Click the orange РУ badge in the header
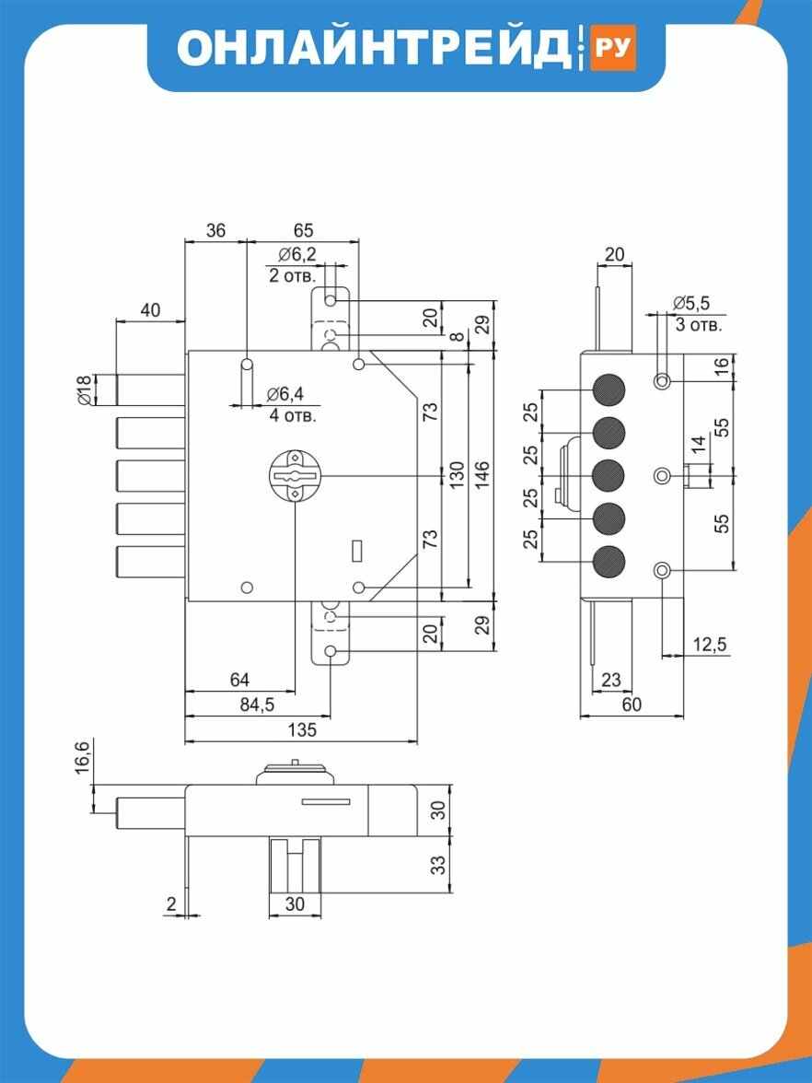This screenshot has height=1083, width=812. [612, 47]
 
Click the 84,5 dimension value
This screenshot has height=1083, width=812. [257, 705]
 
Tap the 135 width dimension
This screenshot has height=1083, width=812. [302, 729]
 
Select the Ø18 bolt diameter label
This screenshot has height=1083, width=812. [84, 390]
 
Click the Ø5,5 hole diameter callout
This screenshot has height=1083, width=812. [691, 302]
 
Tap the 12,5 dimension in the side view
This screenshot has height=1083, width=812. [709, 645]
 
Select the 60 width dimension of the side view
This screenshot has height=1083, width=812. [632, 704]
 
